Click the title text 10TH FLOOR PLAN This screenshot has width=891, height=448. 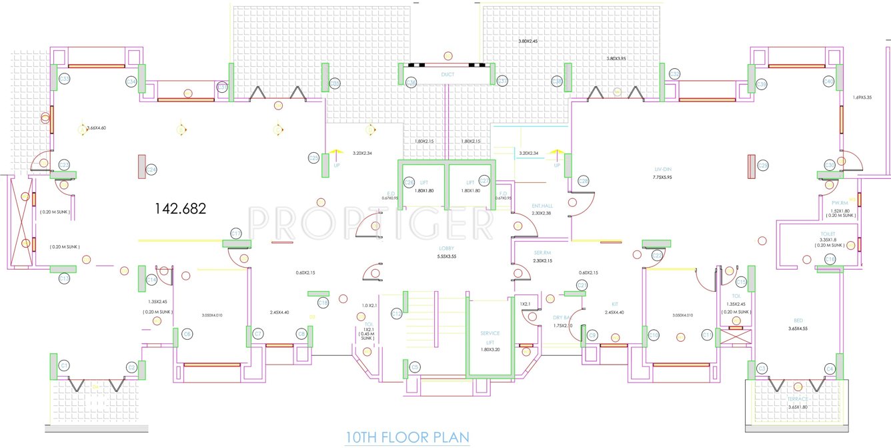(407, 437)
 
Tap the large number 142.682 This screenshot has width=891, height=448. (181, 208)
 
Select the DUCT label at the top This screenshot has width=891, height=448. (448, 75)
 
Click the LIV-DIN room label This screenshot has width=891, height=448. (662, 169)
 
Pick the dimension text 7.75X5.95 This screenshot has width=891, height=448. (662, 178)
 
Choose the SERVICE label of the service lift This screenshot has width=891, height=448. (490, 333)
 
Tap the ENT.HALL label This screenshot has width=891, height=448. (542, 206)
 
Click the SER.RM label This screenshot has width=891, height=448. (542, 252)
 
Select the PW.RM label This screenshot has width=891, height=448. (839, 203)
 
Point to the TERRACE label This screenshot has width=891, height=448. (798, 399)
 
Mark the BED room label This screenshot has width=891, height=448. (798, 320)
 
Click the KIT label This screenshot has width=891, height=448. (614, 304)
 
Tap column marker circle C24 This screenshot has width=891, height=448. (151, 170)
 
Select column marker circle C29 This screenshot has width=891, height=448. (763, 166)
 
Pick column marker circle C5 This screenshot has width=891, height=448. (415, 367)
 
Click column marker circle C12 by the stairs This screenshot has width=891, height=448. (396, 313)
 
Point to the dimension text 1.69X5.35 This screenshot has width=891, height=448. (862, 98)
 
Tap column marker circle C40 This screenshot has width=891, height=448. (829, 81)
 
